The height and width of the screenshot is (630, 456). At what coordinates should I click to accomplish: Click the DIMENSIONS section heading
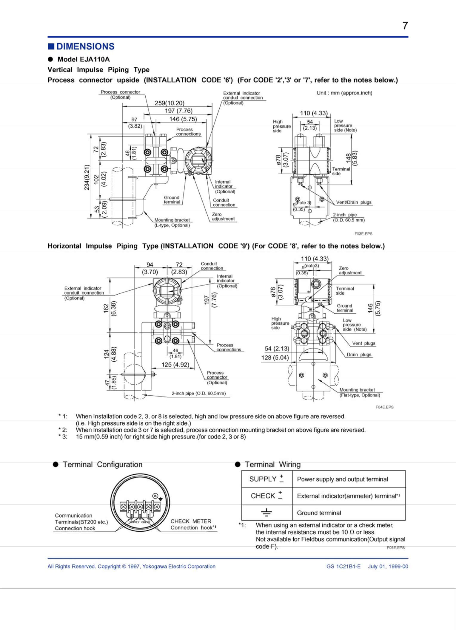[x=85, y=47]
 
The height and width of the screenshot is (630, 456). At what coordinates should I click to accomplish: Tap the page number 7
[x=405, y=26]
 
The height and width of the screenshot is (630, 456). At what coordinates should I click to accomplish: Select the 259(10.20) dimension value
[x=170, y=103]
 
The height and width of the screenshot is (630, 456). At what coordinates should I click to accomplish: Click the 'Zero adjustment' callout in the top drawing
[x=223, y=216]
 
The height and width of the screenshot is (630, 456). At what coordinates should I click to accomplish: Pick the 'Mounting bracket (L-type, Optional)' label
[x=172, y=222]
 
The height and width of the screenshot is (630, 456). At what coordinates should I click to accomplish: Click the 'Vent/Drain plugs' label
[x=354, y=202]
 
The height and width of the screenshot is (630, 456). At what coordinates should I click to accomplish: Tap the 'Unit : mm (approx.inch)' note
[x=344, y=93]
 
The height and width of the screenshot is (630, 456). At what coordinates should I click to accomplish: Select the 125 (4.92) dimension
[x=175, y=365]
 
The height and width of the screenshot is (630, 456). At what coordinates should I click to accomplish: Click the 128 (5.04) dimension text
[x=275, y=357]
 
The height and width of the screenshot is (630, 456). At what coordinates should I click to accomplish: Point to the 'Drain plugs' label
[x=359, y=355]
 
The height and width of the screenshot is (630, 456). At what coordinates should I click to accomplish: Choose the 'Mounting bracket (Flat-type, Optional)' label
[x=360, y=392]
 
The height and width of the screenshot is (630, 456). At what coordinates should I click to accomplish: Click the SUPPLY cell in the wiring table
[x=266, y=479]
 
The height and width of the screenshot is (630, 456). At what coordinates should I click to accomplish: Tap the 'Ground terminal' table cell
[x=319, y=513]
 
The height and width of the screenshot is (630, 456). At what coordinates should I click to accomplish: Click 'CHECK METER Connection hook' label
[x=193, y=524]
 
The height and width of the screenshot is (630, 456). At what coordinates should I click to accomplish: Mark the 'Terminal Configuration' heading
[x=103, y=465]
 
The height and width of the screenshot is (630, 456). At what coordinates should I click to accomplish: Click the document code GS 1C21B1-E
[x=343, y=566]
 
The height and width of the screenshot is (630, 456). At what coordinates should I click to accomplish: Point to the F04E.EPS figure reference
[x=384, y=407]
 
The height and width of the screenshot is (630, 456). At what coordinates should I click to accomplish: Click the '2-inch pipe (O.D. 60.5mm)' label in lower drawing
[x=198, y=393]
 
